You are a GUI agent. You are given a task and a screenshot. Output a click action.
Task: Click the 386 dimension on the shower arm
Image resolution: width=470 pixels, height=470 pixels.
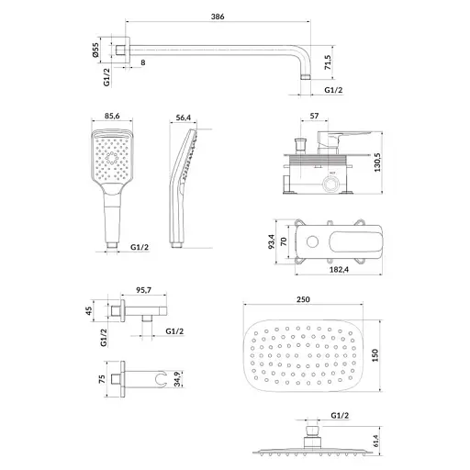(x=218, y=17)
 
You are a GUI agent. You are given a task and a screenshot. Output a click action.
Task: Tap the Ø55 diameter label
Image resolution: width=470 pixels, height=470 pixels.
(x=95, y=50)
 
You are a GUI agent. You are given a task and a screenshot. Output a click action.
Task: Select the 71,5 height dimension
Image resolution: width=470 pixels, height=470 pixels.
(x=328, y=62)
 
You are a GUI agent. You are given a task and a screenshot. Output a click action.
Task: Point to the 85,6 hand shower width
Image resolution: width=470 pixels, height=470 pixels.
(x=112, y=116)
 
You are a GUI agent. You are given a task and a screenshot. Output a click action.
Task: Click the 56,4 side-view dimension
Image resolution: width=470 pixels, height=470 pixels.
(x=184, y=117)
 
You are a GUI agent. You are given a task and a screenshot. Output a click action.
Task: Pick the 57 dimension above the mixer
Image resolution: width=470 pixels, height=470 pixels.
(x=314, y=116)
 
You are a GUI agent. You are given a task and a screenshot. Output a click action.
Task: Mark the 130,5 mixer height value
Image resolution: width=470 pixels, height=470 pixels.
(x=377, y=162)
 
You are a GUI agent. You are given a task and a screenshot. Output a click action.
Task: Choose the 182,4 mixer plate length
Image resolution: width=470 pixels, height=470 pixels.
(x=339, y=270)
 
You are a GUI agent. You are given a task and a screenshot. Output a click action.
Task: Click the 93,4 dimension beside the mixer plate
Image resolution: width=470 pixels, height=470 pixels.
(x=272, y=241)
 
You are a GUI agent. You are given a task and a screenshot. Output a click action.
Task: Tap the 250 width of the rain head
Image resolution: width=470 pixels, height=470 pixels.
(x=303, y=299)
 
